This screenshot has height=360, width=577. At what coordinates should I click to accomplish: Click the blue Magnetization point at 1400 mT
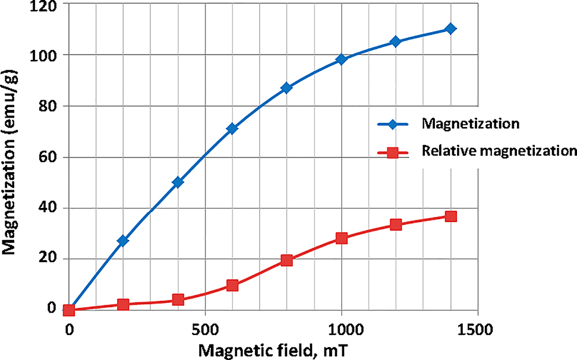click(450, 29)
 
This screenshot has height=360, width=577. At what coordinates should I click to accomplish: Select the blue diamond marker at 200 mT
click(123, 241)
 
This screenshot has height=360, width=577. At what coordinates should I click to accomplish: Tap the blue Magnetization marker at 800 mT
click(286, 88)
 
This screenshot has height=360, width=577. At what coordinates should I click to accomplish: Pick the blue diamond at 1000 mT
click(341, 59)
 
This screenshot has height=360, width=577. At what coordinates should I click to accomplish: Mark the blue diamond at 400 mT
click(178, 182)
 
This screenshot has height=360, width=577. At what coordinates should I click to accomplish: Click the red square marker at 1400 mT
click(450, 216)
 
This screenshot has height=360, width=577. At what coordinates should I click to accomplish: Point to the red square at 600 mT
click(232, 286)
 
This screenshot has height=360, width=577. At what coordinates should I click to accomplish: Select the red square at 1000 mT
click(341, 238)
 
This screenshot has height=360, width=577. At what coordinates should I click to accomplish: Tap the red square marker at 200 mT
click(123, 305)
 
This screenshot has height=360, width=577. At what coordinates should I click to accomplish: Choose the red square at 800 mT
click(286, 260)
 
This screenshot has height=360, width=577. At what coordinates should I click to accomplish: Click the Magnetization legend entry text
click(471, 124)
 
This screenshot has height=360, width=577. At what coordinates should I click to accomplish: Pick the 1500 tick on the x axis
click(477, 327)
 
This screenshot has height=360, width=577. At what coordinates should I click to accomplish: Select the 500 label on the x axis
click(204, 327)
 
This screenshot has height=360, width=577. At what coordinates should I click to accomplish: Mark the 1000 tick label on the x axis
click(340, 327)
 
